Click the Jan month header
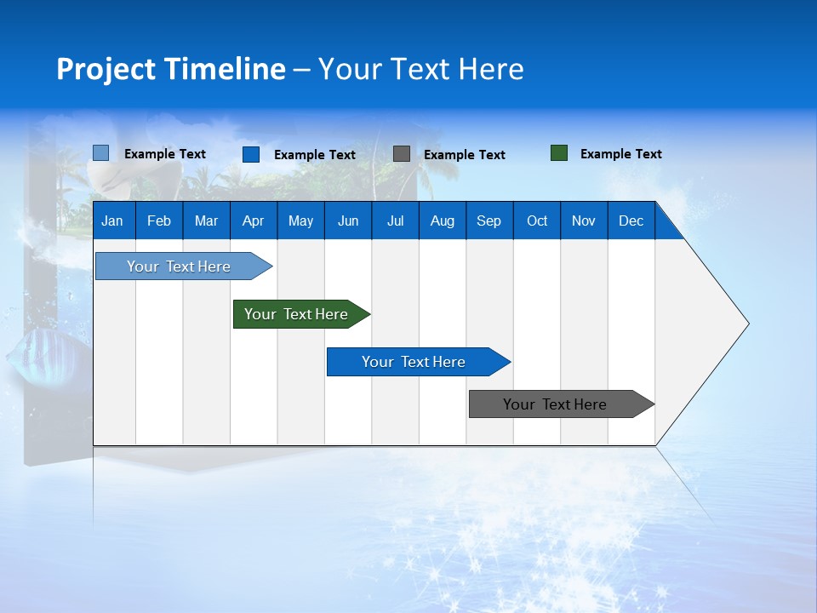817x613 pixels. click(x=112, y=221)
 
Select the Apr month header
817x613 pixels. click(x=253, y=221)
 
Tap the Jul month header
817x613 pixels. click(x=395, y=221)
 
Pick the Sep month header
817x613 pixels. click(x=488, y=221)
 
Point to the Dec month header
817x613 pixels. click(x=631, y=221)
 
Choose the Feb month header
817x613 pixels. click(x=159, y=221)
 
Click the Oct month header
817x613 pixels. click(x=537, y=221)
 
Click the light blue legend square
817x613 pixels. click(x=100, y=153)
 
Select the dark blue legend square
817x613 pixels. click(x=250, y=154)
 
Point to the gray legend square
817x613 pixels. click(x=402, y=154)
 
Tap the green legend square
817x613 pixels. click(x=559, y=153)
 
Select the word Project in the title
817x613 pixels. click(x=106, y=69)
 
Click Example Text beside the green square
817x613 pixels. click(x=620, y=154)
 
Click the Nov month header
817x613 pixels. click(x=584, y=221)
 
